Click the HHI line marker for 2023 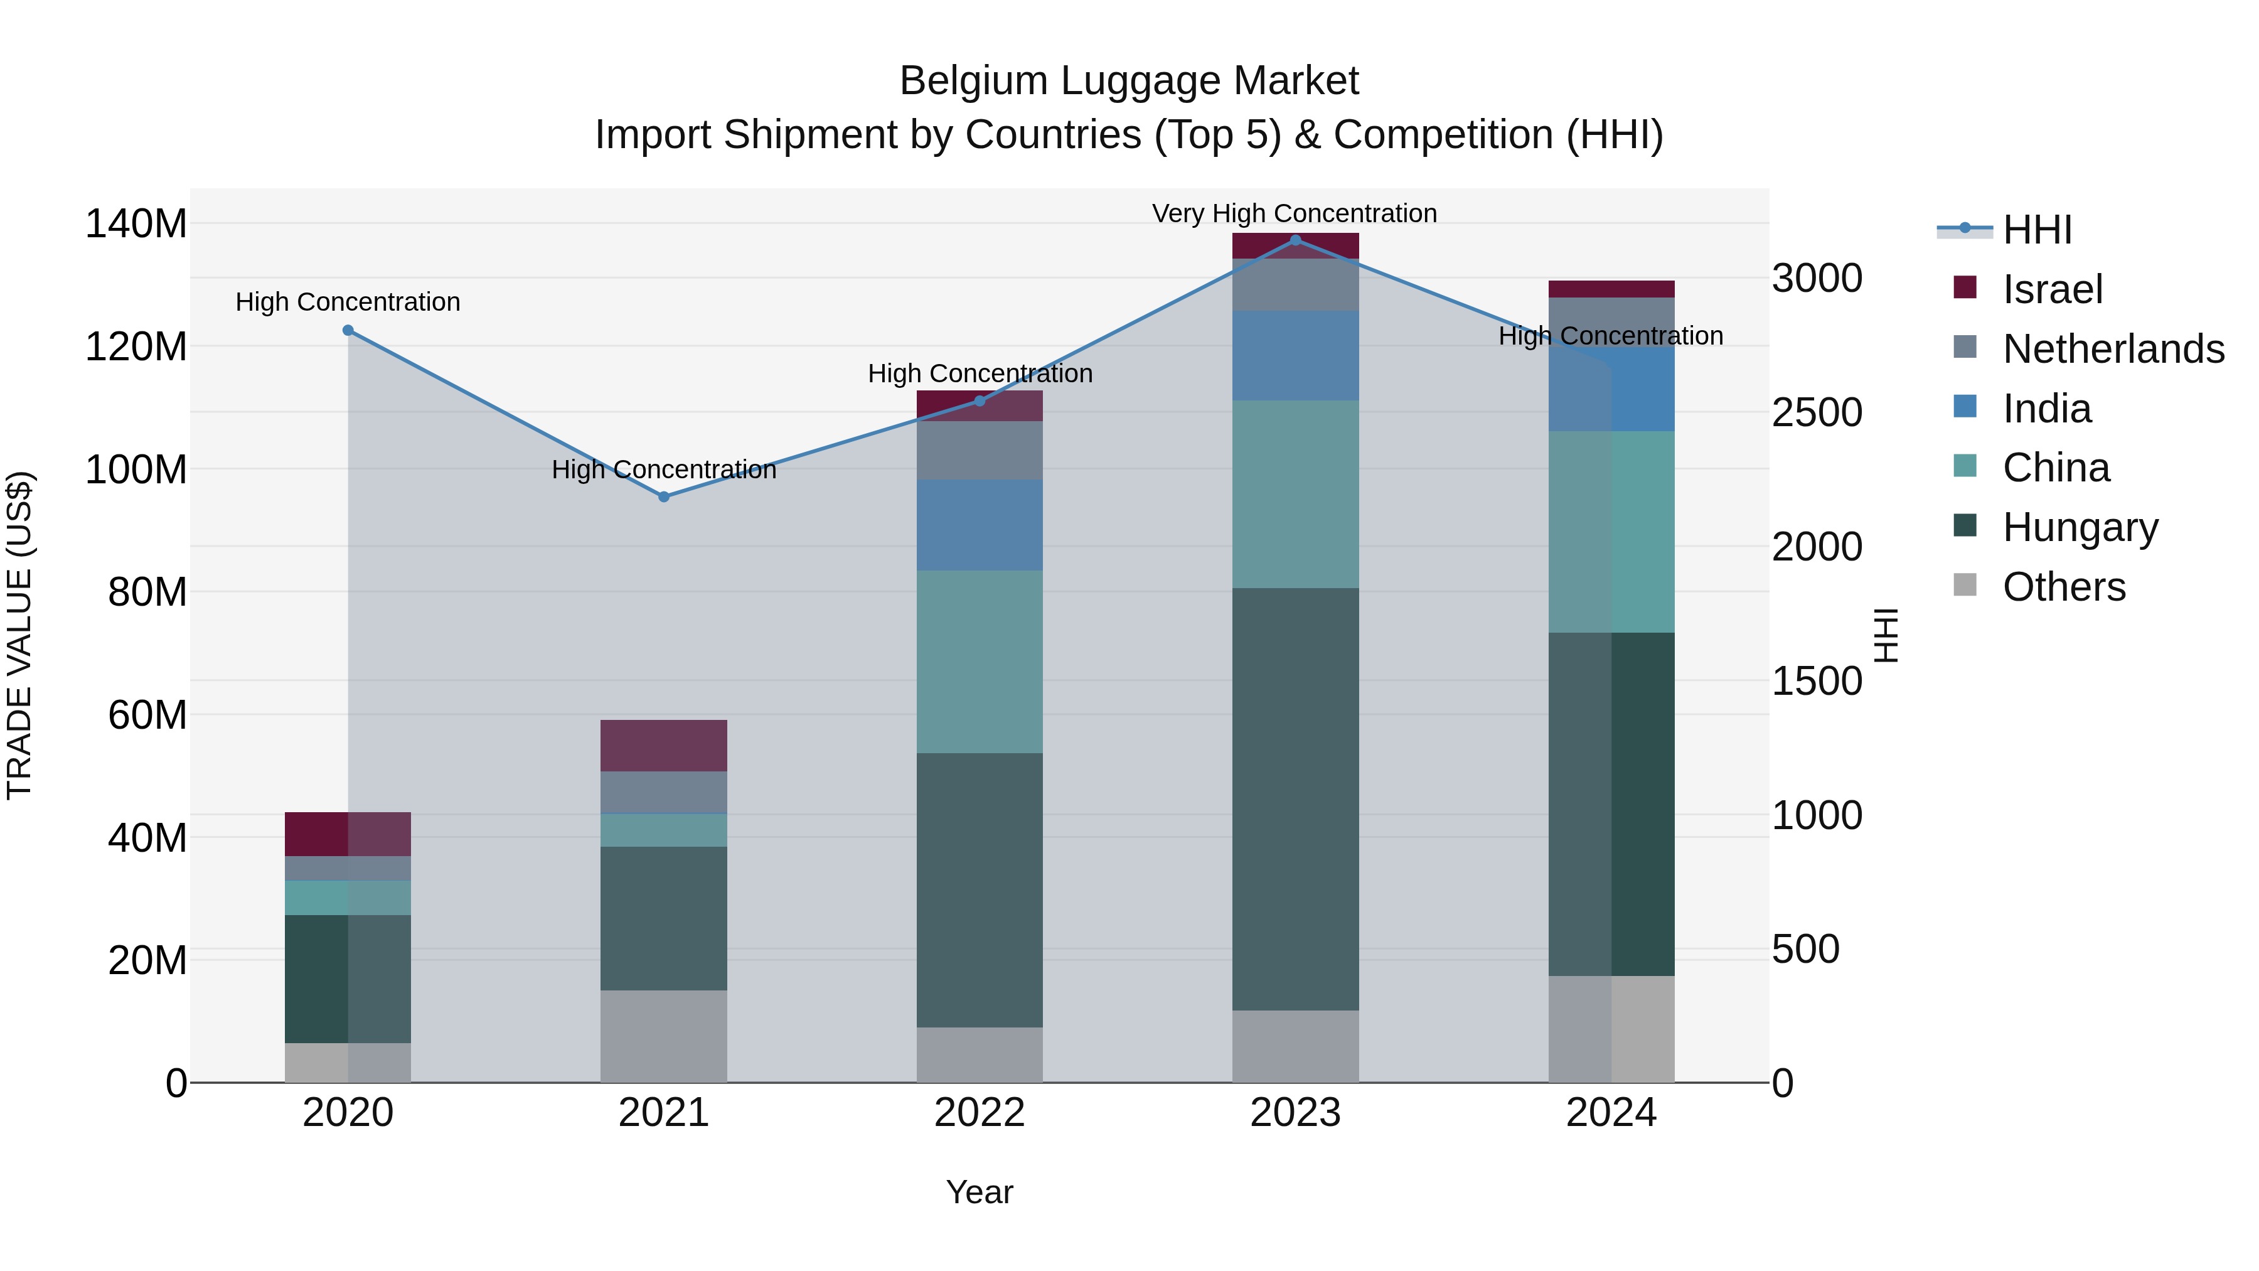(1295, 240)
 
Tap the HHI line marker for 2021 (664, 496)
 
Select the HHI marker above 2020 (348, 331)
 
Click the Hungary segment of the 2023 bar (1295, 798)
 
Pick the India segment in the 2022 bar (980, 525)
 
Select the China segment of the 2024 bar (1611, 532)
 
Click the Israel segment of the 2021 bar (664, 746)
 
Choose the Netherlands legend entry (2113, 348)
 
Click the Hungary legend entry (2080, 527)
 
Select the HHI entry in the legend (2036, 230)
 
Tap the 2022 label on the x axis (980, 1113)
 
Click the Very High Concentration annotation (1295, 213)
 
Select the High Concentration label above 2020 (348, 302)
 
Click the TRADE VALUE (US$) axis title (19, 635)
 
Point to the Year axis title (980, 1192)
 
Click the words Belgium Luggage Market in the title (1129, 81)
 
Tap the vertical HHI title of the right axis (1886, 635)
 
